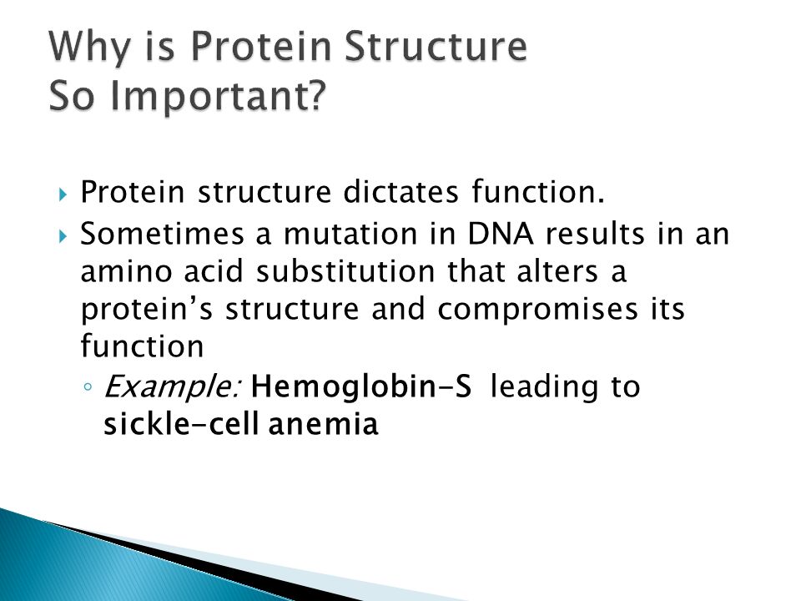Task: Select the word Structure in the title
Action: pos(436,46)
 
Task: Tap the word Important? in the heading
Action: pos(218,95)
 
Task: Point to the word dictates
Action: pos(400,192)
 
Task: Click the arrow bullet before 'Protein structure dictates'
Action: pos(63,194)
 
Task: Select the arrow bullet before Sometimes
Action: pos(63,236)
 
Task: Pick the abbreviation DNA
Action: pos(501,234)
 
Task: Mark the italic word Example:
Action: pos(173,386)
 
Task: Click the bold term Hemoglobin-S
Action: pos(361,386)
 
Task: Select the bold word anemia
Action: pos(323,425)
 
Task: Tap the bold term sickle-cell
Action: pos(181,424)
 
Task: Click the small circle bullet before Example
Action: pos(88,386)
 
